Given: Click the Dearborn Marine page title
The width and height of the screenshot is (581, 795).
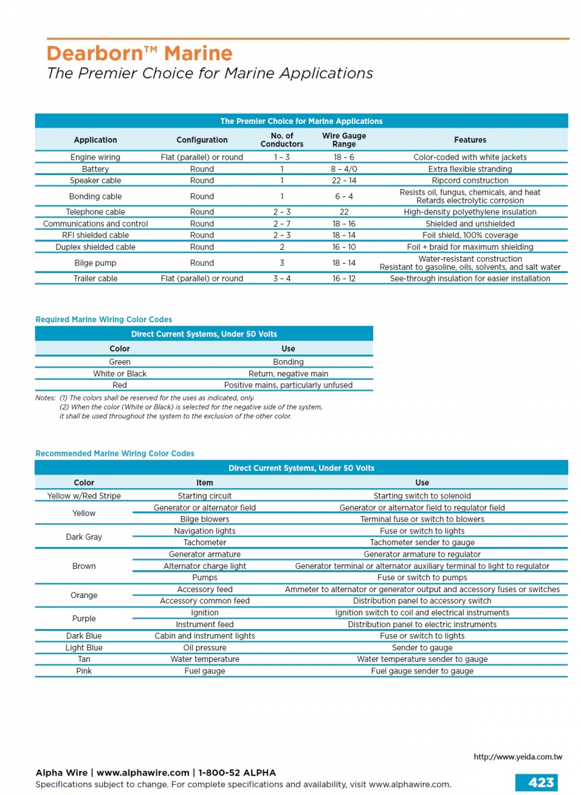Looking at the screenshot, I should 139,53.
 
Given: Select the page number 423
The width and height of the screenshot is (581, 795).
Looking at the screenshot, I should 540,782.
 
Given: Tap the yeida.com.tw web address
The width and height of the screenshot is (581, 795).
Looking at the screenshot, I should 518,757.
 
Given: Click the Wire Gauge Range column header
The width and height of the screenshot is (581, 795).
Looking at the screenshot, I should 344,139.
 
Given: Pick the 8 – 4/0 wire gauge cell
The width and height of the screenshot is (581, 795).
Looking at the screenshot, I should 344,169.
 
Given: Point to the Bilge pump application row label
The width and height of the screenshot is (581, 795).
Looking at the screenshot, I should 96,263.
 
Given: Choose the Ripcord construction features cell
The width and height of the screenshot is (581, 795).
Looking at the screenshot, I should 470,181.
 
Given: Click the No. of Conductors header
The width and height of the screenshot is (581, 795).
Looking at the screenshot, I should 282,139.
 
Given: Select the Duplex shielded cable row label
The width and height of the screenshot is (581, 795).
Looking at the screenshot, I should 96,247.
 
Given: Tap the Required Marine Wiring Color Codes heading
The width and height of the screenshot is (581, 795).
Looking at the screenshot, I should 103,320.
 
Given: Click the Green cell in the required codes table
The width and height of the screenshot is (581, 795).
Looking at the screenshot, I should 119,362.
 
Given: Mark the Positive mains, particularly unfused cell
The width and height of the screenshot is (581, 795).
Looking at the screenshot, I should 288,386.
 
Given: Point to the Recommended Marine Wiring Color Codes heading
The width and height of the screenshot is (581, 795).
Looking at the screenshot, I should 115,454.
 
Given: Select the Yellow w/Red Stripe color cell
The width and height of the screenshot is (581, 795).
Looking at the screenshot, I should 84,496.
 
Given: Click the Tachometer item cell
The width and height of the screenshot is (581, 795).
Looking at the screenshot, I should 205,542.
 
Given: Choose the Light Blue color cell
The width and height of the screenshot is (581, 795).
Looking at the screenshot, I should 84,648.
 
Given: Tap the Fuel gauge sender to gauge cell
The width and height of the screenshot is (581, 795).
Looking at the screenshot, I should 422,671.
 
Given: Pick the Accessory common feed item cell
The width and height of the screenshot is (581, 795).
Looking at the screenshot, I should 205,601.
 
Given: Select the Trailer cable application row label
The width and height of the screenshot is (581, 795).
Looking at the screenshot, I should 96,279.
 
